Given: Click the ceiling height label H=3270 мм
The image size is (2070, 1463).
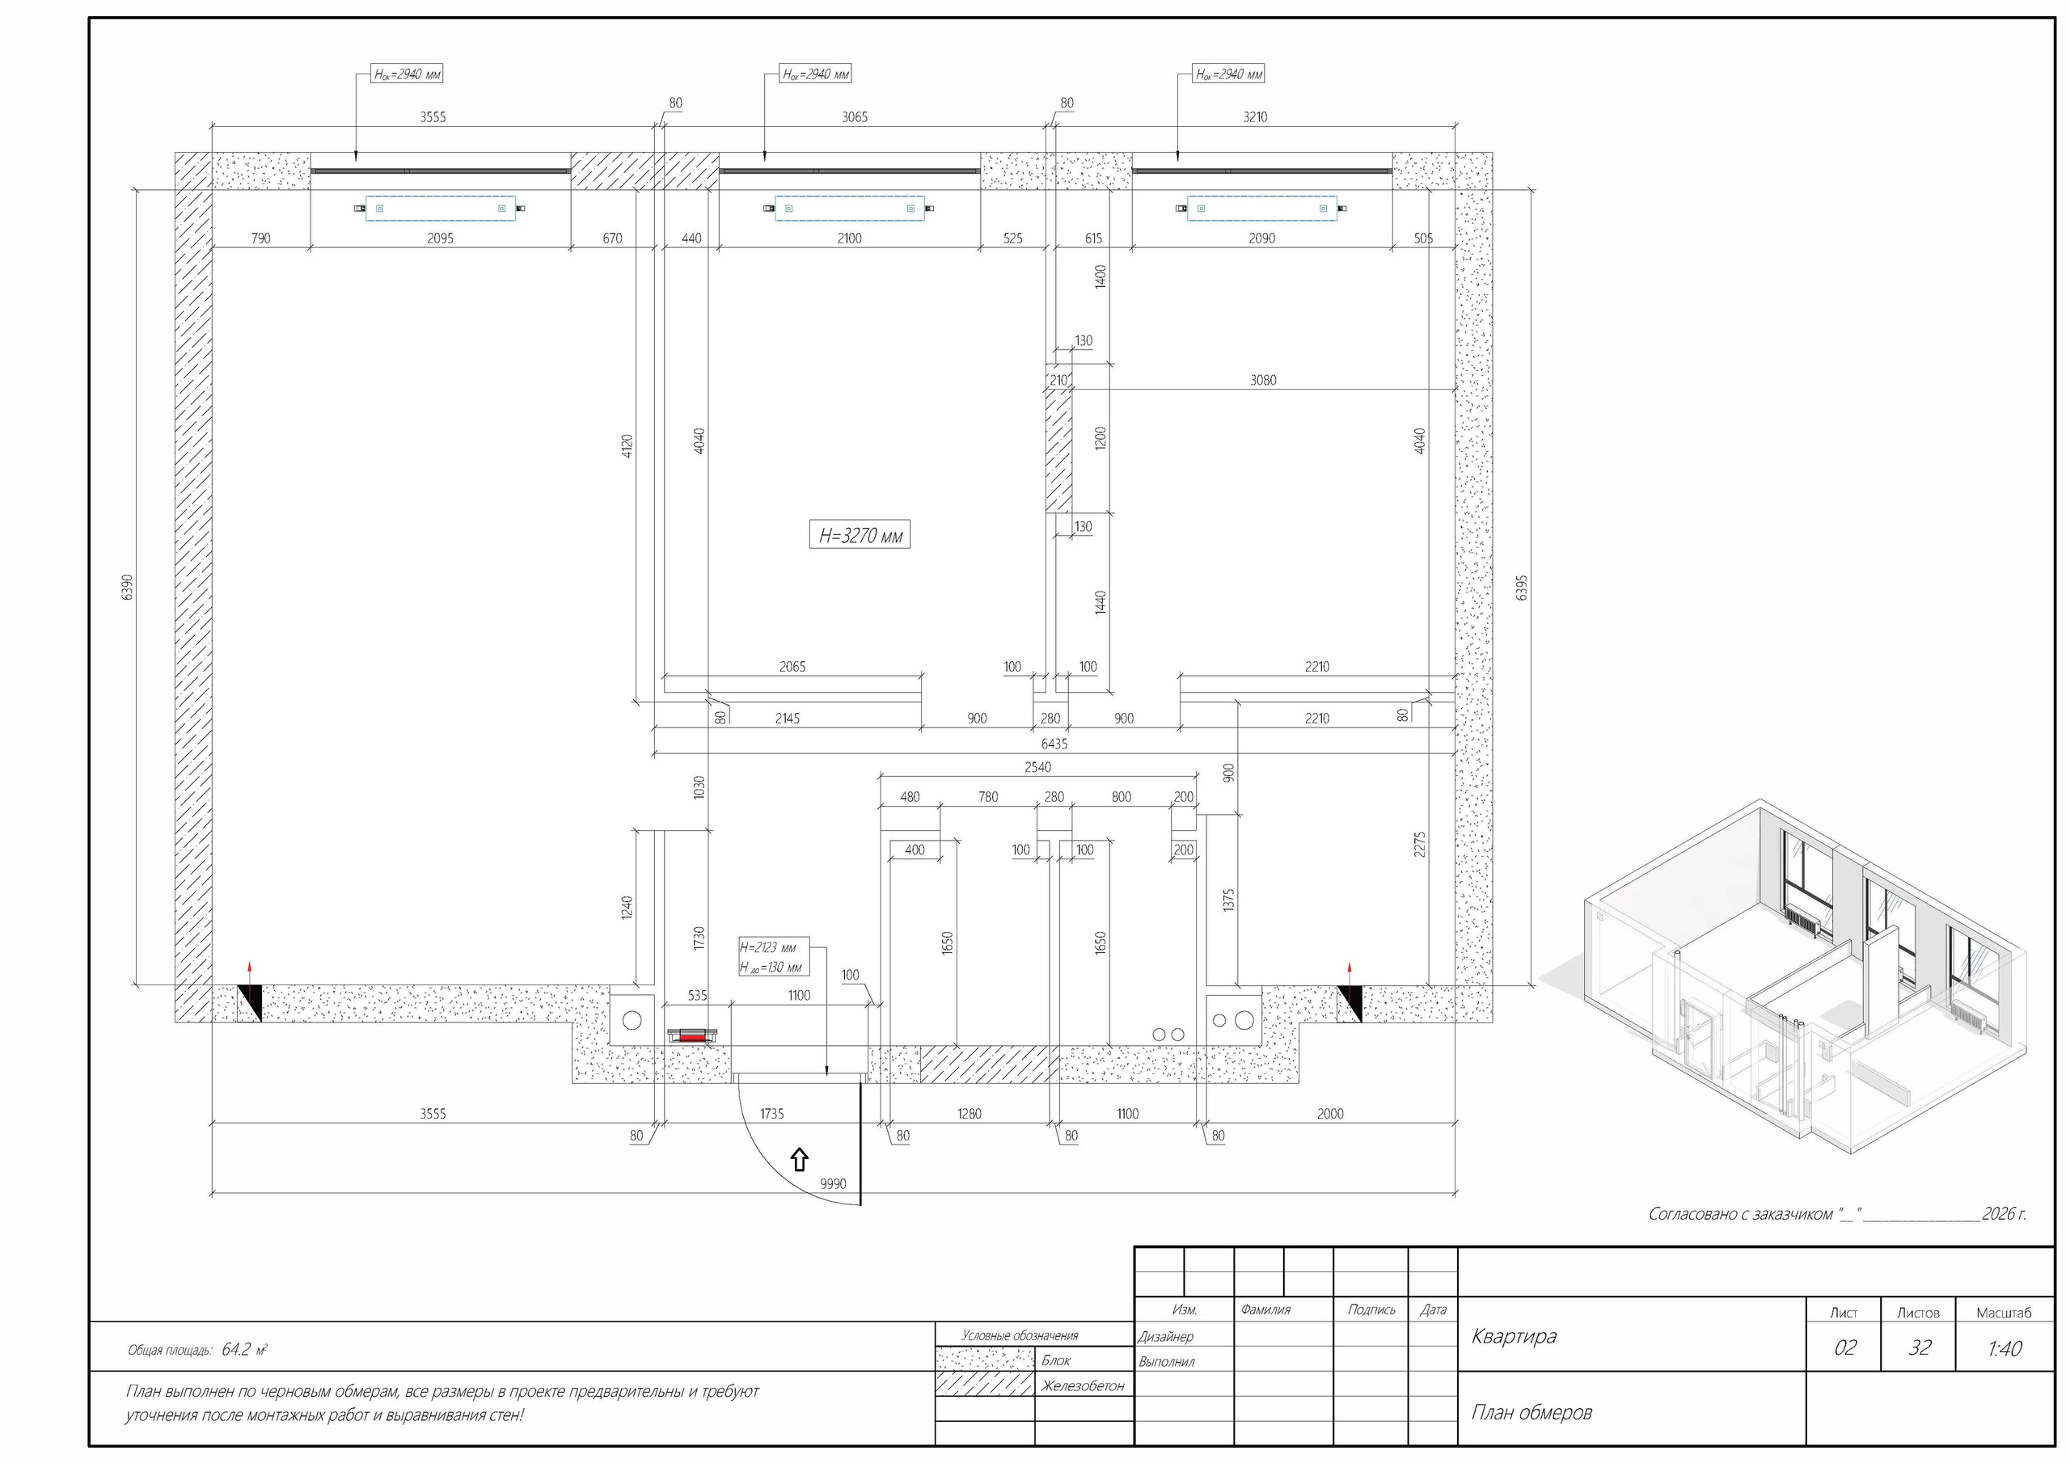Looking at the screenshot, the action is (x=860, y=535).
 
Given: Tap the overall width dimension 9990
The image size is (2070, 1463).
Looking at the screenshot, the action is (x=833, y=1184).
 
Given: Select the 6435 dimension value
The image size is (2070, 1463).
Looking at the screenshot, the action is (x=1054, y=744).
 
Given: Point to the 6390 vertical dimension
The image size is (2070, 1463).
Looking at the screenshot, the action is (x=127, y=588).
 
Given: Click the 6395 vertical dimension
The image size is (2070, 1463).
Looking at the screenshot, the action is (x=1523, y=588).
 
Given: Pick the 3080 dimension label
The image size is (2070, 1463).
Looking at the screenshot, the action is (x=1263, y=381).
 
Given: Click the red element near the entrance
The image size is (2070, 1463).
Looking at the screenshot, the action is (x=691, y=1038).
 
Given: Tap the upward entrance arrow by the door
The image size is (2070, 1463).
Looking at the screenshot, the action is (x=799, y=1159).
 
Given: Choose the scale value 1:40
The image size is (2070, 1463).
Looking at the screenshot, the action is (x=2005, y=1348).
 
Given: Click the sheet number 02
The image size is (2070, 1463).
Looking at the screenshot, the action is (x=1844, y=1348).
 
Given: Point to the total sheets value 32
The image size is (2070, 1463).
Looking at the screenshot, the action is (x=1920, y=1348).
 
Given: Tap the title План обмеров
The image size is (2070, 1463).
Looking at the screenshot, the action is (x=1531, y=1413).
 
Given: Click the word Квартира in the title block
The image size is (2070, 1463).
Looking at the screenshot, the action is (x=1514, y=1336).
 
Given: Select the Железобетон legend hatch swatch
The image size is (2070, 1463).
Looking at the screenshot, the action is (x=985, y=1384).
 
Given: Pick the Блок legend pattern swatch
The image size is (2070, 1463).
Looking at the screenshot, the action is (x=985, y=1360).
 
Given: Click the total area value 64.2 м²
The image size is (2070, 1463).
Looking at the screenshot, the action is (x=244, y=1349).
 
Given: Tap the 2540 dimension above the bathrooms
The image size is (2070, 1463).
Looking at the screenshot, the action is (x=1037, y=768).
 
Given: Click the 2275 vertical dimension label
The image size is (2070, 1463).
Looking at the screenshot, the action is (x=1420, y=845).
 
